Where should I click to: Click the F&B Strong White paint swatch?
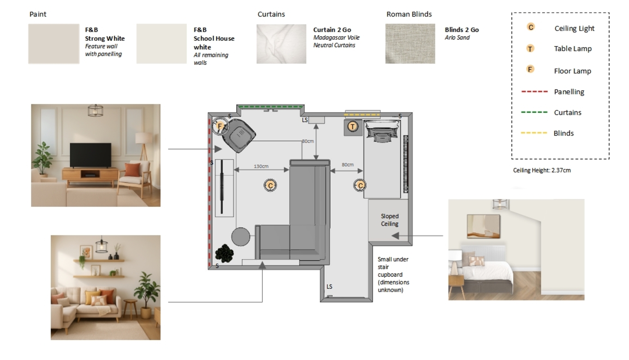[54, 44]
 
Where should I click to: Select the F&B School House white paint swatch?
[161, 44]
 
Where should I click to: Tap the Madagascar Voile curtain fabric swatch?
[281, 44]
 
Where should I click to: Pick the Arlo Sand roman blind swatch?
[410, 44]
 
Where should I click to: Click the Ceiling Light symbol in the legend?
[531, 27]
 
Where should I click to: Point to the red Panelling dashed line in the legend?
[534, 91]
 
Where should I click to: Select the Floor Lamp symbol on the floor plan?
[220, 126]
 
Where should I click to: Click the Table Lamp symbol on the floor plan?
[352, 127]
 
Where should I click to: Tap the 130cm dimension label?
[261, 166]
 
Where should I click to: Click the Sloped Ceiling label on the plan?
[389, 220]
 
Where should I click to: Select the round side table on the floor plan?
[241, 237]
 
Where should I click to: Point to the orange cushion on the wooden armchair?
[133, 170]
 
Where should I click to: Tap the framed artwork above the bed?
[483, 227]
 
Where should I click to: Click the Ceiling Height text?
[542, 170]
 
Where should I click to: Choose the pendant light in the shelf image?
[101, 245]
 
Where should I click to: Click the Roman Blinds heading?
[409, 14]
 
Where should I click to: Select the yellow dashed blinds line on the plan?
[362, 114]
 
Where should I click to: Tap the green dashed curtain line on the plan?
[270, 107]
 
